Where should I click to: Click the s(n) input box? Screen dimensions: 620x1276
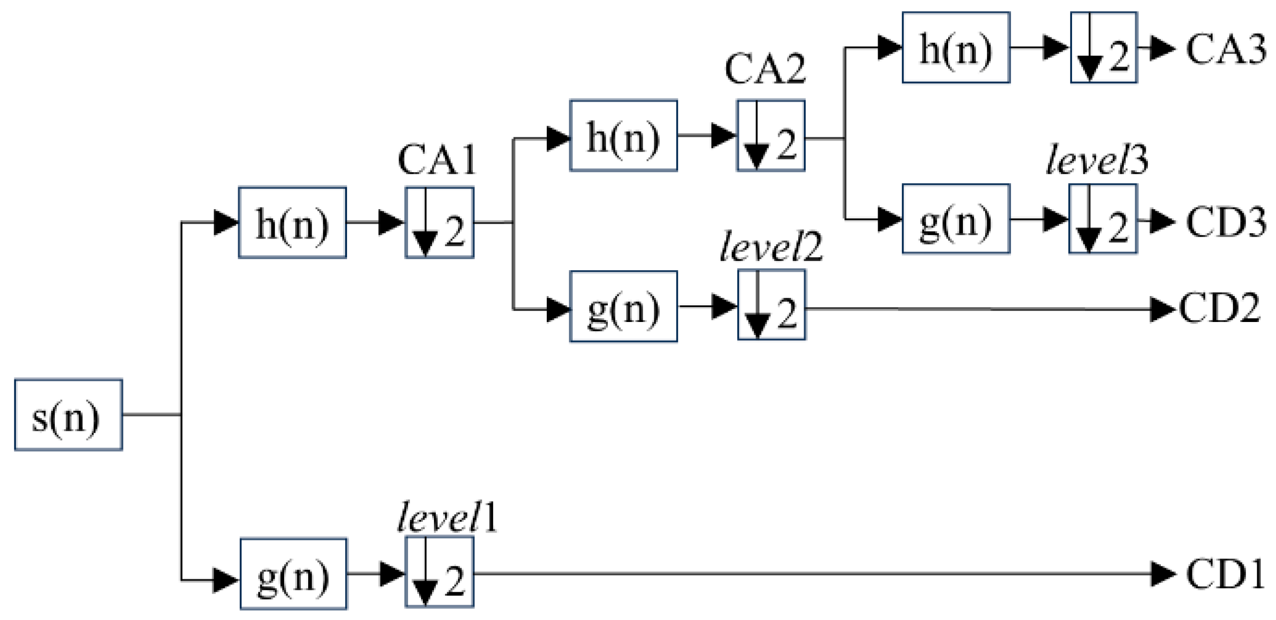pyautogui.click(x=68, y=415)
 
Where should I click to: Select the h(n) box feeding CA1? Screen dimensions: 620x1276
pyautogui.click(x=292, y=222)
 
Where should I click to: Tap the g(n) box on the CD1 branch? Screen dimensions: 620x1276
pyautogui.click(x=293, y=573)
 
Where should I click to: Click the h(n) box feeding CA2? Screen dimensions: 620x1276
pyautogui.click(x=623, y=136)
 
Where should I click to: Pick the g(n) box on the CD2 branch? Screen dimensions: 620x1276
pyautogui.click(x=623, y=306)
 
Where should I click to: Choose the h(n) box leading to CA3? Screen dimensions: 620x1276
pyautogui.click(x=955, y=48)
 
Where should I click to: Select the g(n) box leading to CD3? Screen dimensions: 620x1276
pyautogui.click(x=955, y=219)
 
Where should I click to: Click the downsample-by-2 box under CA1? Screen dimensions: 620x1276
pyautogui.click(x=439, y=222)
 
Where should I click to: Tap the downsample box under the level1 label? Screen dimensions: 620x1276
pyautogui.click(x=439, y=572)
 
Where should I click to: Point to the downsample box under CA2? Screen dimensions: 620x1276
pyautogui.click(x=770, y=136)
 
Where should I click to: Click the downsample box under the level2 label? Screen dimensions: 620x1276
pyautogui.click(x=771, y=305)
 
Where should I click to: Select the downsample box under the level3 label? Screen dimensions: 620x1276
pyautogui.click(x=1103, y=219)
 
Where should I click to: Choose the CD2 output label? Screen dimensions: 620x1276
pyautogui.click(x=1219, y=308)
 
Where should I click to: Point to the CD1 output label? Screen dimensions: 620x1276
pyautogui.click(x=1224, y=574)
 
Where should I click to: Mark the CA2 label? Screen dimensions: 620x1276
pyautogui.click(x=764, y=69)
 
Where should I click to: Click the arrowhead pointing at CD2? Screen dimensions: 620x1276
pyautogui.click(x=1162, y=309)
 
